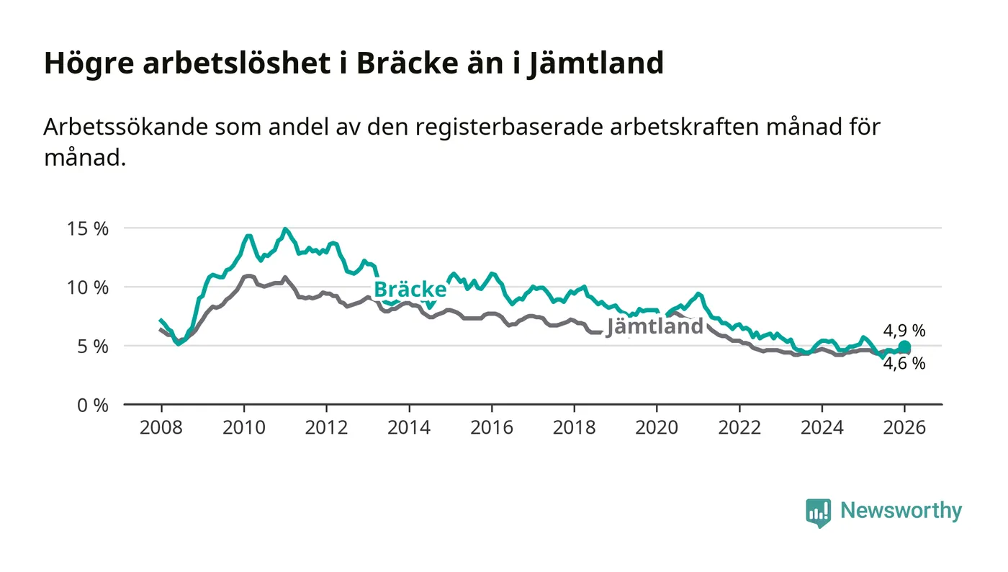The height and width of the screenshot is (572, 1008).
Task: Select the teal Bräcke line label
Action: tap(410, 289)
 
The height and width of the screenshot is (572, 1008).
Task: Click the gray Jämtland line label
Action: tap(654, 326)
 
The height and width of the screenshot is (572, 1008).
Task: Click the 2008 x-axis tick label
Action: tap(161, 426)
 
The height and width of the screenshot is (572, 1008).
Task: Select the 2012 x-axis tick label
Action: tap(326, 426)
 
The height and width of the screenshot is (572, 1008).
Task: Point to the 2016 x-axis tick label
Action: tap(492, 426)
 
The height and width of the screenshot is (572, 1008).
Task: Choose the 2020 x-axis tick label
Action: tap(657, 426)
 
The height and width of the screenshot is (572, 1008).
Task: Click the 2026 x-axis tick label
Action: tap(905, 426)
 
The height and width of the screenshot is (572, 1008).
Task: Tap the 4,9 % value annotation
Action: tap(905, 331)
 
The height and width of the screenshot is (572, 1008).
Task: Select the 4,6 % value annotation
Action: tap(905, 364)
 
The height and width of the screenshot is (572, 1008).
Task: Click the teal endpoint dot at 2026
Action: tap(905, 347)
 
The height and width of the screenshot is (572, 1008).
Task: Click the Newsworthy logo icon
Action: tap(818, 512)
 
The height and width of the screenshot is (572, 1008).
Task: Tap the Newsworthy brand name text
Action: tap(901, 511)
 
